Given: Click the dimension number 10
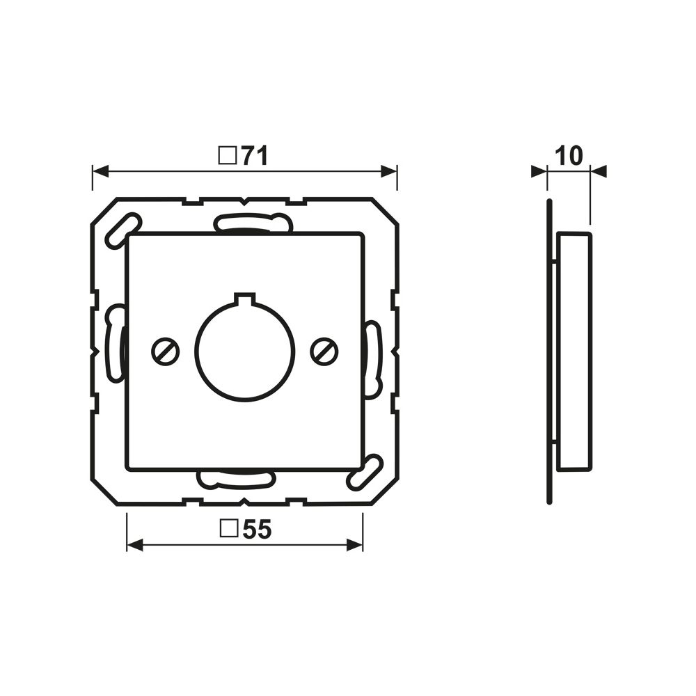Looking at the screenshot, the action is pos(569,156).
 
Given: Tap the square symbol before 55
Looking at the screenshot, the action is pos(228,529).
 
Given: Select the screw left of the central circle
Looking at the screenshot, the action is pos(165,352).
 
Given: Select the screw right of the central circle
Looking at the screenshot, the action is pos(324,352).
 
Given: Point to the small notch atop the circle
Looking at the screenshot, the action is pos(244,297).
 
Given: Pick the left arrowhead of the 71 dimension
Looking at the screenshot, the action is pos(100,171).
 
